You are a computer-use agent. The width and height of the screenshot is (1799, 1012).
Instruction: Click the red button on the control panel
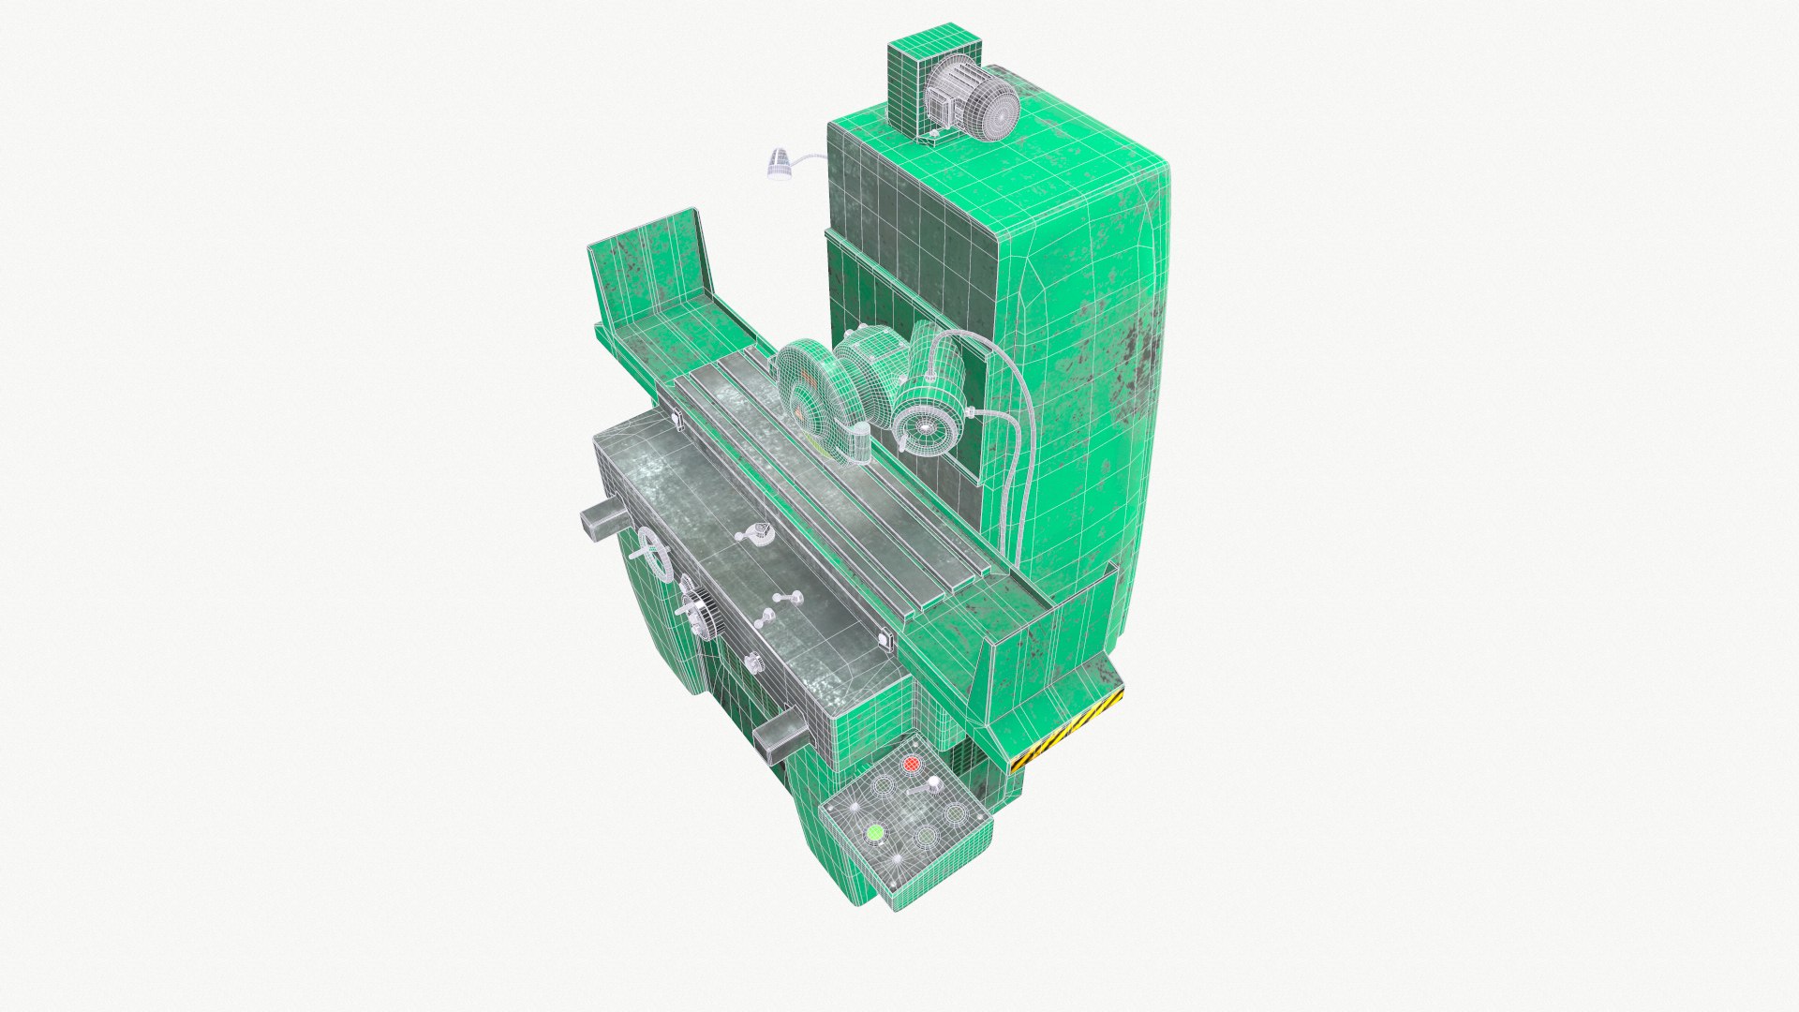910,764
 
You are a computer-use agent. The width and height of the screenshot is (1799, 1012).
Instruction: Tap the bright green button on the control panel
875,830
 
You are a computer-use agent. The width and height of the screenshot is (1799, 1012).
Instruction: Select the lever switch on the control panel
923,789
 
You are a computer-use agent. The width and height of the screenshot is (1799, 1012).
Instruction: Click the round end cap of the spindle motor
924,427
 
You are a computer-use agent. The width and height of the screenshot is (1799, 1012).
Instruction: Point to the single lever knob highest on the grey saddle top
753,535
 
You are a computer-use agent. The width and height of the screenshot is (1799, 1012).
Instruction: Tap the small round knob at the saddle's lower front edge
753,663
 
